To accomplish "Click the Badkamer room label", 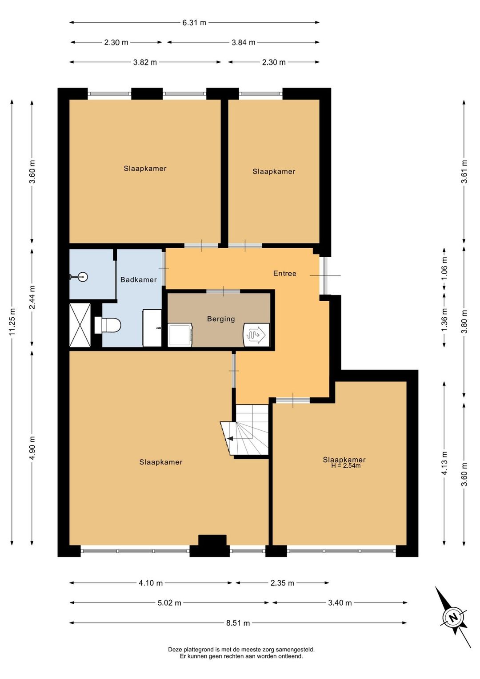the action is coord(138,279).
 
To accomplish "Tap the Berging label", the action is coord(221,319).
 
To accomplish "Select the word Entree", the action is coord(285,273).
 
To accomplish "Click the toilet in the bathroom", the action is coord(108,325).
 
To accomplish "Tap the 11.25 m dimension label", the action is coord(12,322).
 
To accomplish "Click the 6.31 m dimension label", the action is coord(194,22).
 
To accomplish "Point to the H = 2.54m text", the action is coord(346,466).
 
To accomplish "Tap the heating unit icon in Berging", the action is coord(256,335).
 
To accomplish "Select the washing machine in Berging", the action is coord(180,335).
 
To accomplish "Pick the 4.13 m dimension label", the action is coord(444,463).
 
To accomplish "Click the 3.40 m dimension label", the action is coord(340,603).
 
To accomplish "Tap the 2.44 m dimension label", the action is coord(32,297).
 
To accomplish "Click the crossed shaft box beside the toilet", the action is coord(80,325).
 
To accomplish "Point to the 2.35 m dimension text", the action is coord(282,583).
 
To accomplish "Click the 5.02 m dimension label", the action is coord(169,603).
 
